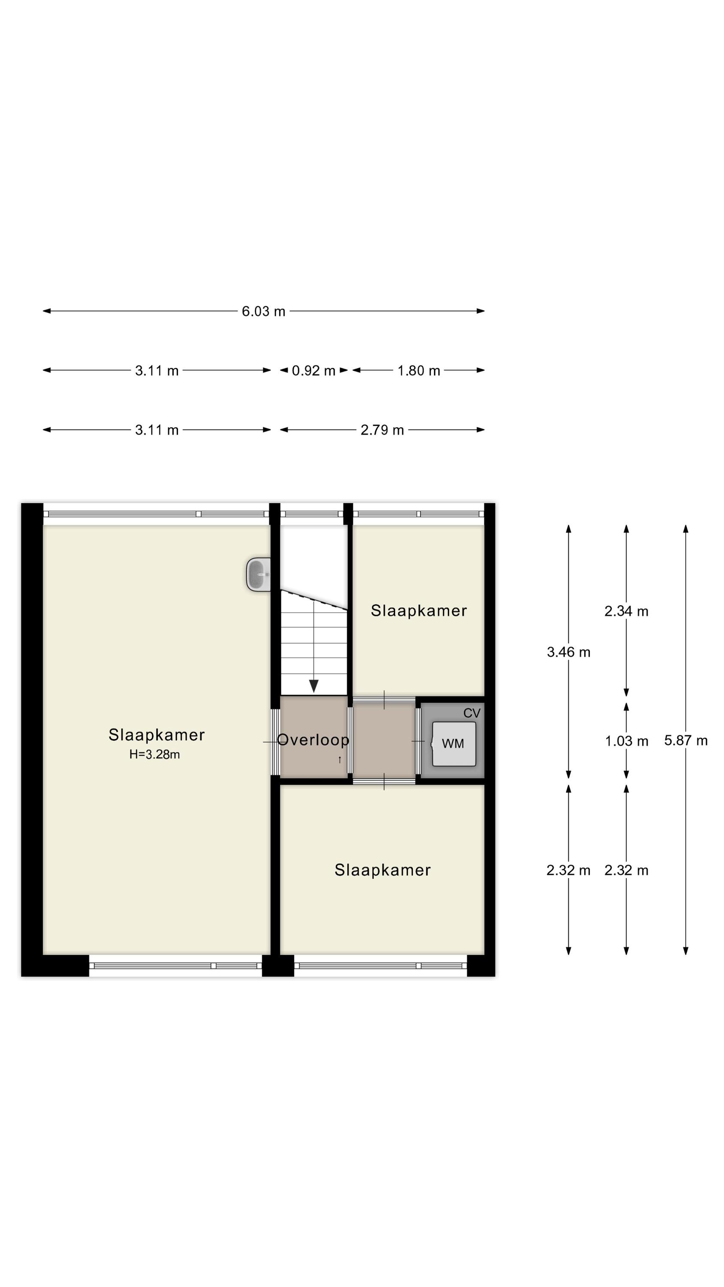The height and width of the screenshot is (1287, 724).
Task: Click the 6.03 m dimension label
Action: [x=263, y=311]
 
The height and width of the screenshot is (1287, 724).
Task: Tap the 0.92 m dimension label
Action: [x=313, y=371]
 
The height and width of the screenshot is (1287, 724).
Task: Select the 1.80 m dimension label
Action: [x=419, y=371]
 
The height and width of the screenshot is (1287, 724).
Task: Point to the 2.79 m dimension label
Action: [x=382, y=430]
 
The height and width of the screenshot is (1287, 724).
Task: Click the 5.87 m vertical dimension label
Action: [x=685, y=740]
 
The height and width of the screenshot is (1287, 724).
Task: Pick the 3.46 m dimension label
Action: [x=569, y=652]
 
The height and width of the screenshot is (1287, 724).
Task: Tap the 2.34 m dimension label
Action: [x=626, y=611]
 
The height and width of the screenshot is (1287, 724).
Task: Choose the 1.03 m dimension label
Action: [x=627, y=741]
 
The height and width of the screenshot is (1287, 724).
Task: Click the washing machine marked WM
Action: [x=454, y=744]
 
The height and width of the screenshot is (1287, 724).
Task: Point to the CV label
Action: [x=472, y=713]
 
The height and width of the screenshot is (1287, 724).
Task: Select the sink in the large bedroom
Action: [x=258, y=574]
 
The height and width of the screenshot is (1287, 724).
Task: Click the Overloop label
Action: [x=313, y=740]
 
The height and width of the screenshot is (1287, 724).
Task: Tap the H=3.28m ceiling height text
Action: [x=154, y=755]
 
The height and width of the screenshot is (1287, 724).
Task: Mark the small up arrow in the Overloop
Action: [x=340, y=760]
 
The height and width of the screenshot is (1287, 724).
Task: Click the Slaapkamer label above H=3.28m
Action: [x=157, y=735]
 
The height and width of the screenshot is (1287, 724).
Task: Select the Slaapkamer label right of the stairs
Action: [x=419, y=610]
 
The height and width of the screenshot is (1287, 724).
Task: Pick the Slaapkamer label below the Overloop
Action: [x=383, y=870]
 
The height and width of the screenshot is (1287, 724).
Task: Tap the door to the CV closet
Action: [x=418, y=742]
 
